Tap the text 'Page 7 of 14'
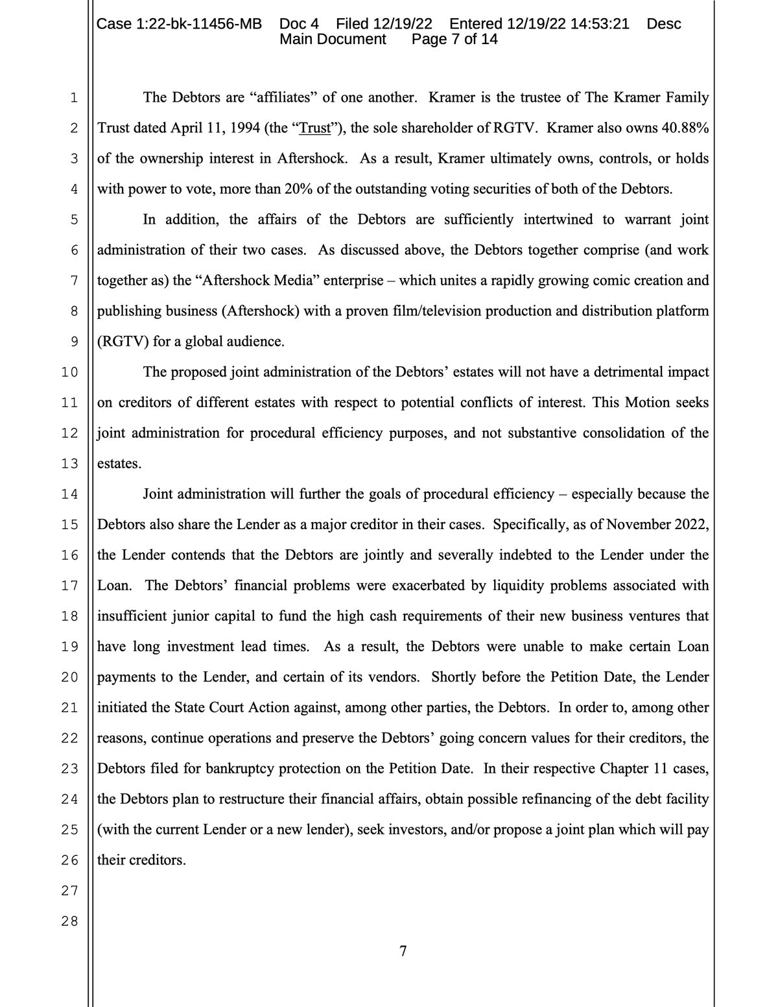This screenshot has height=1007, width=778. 454,39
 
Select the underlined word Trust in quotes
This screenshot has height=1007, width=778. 316,128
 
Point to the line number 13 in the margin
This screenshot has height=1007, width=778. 69,464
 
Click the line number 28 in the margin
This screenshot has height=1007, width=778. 69,921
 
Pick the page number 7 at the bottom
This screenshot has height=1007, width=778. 403,951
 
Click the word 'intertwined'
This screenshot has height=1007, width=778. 558,219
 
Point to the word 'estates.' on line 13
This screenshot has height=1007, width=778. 119,464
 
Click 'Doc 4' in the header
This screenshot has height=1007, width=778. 299,24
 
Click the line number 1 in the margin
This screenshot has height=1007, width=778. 73,98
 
